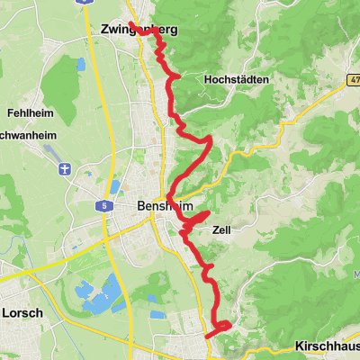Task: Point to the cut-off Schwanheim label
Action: [x=22, y=139]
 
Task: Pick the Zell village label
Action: [x=221, y=229]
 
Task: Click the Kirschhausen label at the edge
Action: [x=328, y=346]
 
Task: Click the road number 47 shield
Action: [x=353, y=80]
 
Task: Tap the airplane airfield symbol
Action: [x=65, y=169]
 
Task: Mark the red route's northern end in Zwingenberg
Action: [x=131, y=23]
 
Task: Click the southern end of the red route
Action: [x=208, y=337]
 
